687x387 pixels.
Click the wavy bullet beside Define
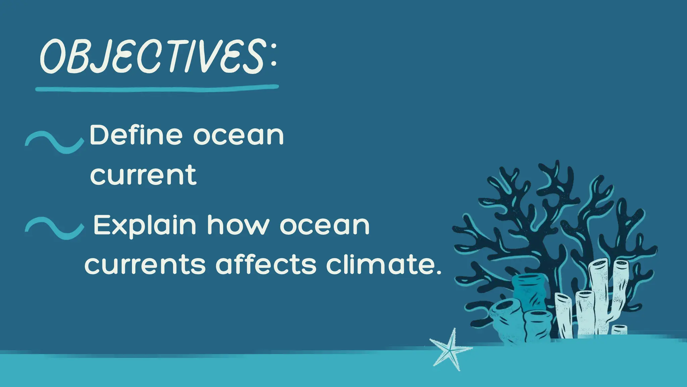(54, 141)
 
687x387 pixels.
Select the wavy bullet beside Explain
(54, 228)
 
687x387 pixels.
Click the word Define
(136, 135)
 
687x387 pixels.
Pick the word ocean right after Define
(239, 136)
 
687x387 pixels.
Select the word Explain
(145, 225)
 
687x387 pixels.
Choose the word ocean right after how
(324, 225)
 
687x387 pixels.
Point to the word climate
(379, 264)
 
